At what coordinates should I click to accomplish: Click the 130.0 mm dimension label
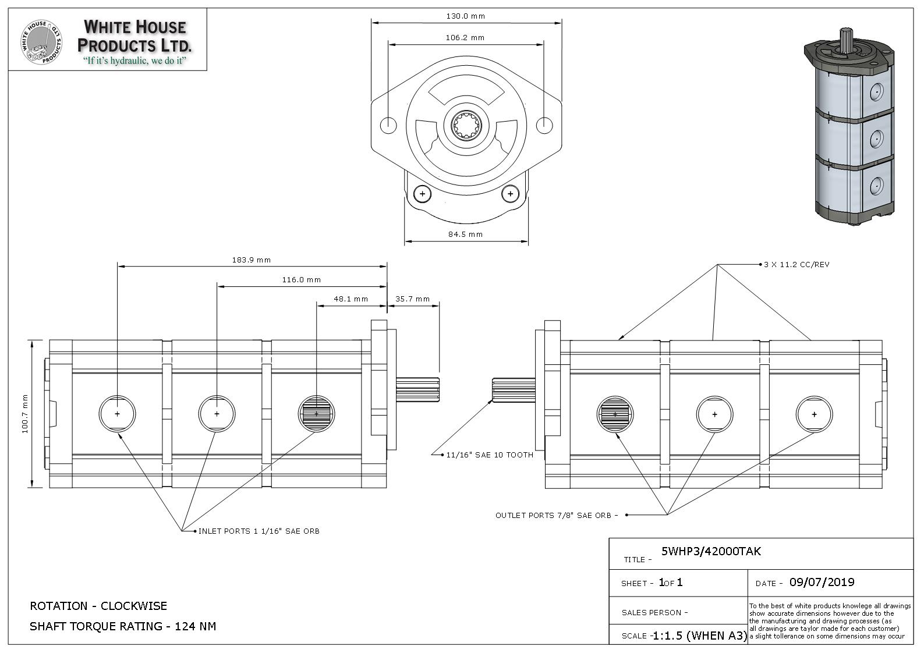click(465, 16)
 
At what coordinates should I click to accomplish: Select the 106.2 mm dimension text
click(465, 38)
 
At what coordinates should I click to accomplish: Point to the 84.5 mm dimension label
click(465, 235)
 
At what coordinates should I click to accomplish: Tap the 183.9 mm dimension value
click(252, 260)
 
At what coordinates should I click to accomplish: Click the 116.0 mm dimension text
click(302, 280)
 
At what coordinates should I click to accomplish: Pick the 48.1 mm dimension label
click(351, 299)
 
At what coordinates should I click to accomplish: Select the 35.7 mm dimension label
click(412, 299)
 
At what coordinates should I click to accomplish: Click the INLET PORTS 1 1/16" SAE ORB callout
click(259, 531)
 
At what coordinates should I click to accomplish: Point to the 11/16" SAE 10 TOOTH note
click(489, 455)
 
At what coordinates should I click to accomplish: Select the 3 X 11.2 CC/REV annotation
click(796, 265)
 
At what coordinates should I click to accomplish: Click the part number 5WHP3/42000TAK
click(711, 552)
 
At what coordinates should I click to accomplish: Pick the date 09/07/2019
click(822, 583)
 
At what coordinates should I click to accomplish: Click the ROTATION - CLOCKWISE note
click(98, 606)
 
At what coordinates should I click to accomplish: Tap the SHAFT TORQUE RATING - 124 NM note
click(123, 627)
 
